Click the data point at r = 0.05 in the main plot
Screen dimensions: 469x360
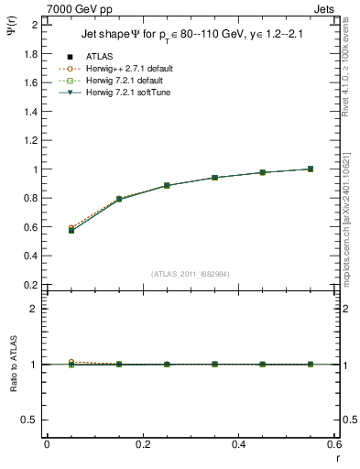pos(71,230)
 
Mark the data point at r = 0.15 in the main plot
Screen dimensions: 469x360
pos(119,199)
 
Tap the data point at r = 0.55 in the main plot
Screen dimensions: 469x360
pos(311,169)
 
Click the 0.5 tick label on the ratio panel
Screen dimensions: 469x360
pos(31,420)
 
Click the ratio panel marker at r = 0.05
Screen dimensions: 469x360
pos(71,364)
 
